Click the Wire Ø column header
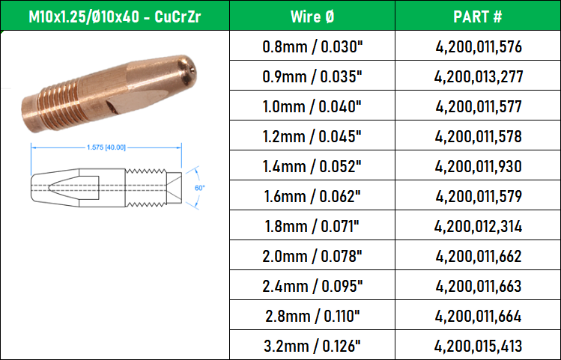click(312, 16)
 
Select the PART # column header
click(478, 16)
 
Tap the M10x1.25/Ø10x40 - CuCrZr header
click(115, 16)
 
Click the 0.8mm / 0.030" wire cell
click(312, 47)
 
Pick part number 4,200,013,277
click(479, 77)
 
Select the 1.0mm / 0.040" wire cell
click(312, 107)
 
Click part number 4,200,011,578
click(479, 136)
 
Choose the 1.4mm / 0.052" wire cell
click(312, 167)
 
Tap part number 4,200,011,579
click(479, 197)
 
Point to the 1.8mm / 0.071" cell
click(312, 227)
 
